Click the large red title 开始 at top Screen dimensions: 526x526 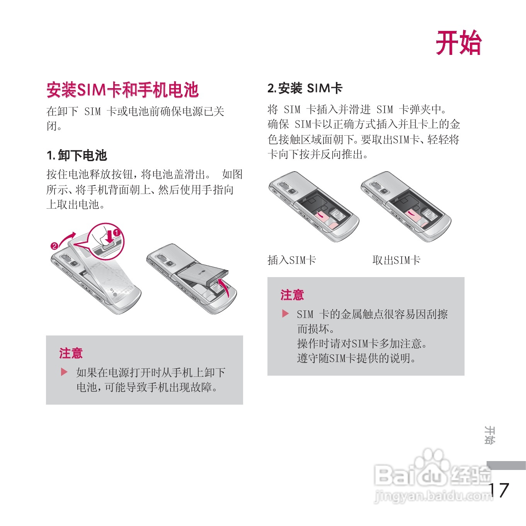pos(459,43)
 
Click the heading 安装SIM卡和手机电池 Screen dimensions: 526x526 pos(122,90)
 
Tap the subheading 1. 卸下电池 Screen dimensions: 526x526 pos(77,155)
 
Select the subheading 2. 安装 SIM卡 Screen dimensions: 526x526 pos(305,88)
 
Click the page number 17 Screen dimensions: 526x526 pos(499,490)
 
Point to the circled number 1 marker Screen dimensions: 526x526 pos(117,233)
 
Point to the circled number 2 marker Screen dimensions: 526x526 pos(54,246)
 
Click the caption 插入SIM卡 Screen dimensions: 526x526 pos(292,260)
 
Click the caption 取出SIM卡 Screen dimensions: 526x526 pos(397,260)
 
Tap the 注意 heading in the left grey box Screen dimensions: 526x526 pos(71,353)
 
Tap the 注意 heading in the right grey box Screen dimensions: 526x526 pos(292,295)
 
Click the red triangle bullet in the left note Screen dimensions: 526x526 pos(64,372)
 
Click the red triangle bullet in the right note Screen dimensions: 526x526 pos(285,313)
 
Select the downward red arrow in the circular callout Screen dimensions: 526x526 pos(109,236)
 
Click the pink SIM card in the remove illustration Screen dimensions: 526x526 pos(414,215)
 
